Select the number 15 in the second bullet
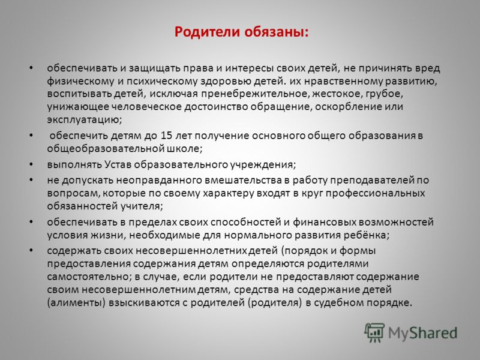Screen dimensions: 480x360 [167, 136]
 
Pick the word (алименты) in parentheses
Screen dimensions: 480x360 [77, 303]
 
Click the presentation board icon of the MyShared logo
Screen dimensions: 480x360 [374, 332]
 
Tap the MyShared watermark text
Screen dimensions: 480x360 [423, 333]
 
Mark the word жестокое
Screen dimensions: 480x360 [336, 94]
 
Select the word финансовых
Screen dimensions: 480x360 [324, 221]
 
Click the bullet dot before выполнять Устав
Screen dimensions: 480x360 [31, 164]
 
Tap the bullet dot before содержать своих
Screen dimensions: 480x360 [31, 250]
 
